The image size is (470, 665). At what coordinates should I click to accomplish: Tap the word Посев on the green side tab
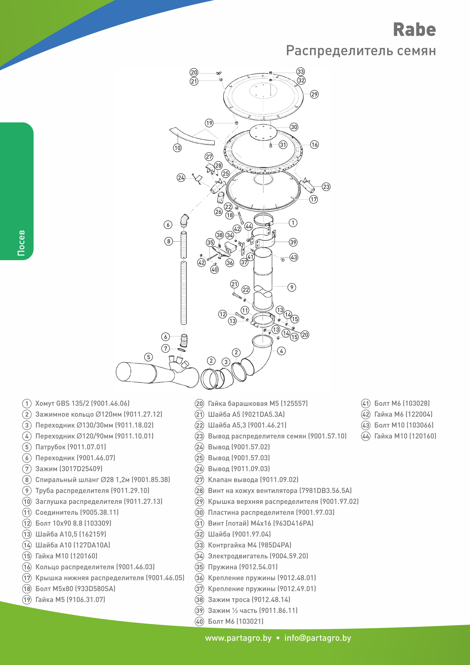[21, 243]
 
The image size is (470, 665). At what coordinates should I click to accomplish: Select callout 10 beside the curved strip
[177, 148]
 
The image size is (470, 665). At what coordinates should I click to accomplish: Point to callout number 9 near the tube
[292, 287]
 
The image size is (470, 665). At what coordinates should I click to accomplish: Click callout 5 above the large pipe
[148, 357]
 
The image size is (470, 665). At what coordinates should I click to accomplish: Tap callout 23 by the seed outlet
[326, 187]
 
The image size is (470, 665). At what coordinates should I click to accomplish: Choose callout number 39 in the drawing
[293, 242]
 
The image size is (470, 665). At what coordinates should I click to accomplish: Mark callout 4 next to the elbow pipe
[281, 351]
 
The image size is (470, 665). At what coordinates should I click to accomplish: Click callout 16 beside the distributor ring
[314, 144]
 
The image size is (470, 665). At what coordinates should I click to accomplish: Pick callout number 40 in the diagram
[214, 269]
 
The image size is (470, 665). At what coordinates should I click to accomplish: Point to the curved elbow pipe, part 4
[260, 359]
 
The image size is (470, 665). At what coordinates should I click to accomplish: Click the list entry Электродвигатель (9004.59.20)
[258, 556]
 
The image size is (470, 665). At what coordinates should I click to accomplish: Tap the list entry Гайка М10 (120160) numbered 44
[405, 436]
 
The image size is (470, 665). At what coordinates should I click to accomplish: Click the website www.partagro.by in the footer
[238, 638]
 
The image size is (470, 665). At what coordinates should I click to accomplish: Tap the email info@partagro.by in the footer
[317, 638]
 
